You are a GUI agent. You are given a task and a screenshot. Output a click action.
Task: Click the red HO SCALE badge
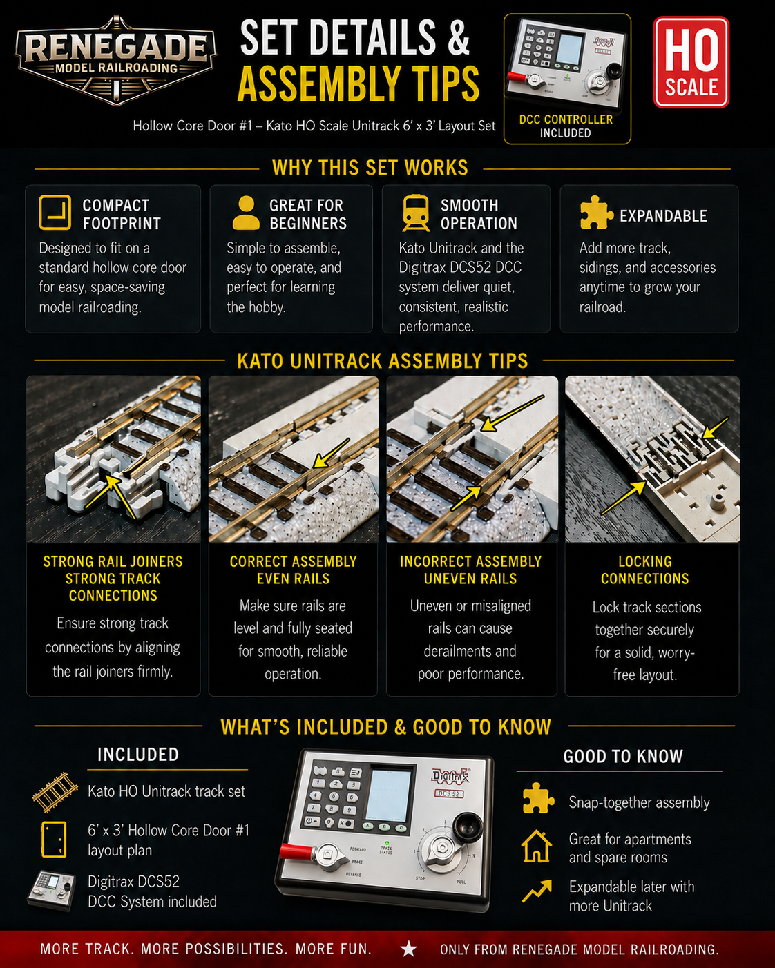pyautogui.click(x=691, y=62)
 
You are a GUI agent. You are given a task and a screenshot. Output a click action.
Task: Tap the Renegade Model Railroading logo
pyautogui.click(x=115, y=59)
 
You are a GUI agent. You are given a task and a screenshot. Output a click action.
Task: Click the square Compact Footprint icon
pyautogui.click(x=55, y=213)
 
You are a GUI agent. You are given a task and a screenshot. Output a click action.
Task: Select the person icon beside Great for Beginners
pyautogui.click(x=246, y=213)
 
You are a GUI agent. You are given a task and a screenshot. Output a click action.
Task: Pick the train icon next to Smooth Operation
pyautogui.click(x=416, y=213)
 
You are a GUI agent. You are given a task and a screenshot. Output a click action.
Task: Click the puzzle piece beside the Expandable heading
pyautogui.click(x=596, y=213)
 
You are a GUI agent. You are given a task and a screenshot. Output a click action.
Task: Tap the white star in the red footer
pyautogui.click(x=409, y=949)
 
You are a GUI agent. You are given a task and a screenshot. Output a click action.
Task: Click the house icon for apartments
pyautogui.click(x=537, y=846)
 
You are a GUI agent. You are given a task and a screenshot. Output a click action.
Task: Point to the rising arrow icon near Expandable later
pyautogui.click(x=537, y=891)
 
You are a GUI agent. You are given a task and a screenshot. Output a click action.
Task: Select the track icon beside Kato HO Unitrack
pyautogui.click(x=55, y=792)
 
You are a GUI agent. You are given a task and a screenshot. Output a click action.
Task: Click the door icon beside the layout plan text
pyautogui.click(x=54, y=840)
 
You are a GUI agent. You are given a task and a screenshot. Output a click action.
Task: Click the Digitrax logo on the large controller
pyautogui.click(x=450, y=775)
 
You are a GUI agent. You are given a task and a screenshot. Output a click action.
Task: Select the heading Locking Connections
pyautogui.click(x=645, y=570)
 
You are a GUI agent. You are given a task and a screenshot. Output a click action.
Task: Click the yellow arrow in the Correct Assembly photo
pyautogui.click(x=332, y=454)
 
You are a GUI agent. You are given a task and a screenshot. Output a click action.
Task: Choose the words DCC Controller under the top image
pyautogui.click(x=566, y=119)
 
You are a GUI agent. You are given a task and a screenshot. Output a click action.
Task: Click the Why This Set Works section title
pyautogui.click(x=370, y=168)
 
